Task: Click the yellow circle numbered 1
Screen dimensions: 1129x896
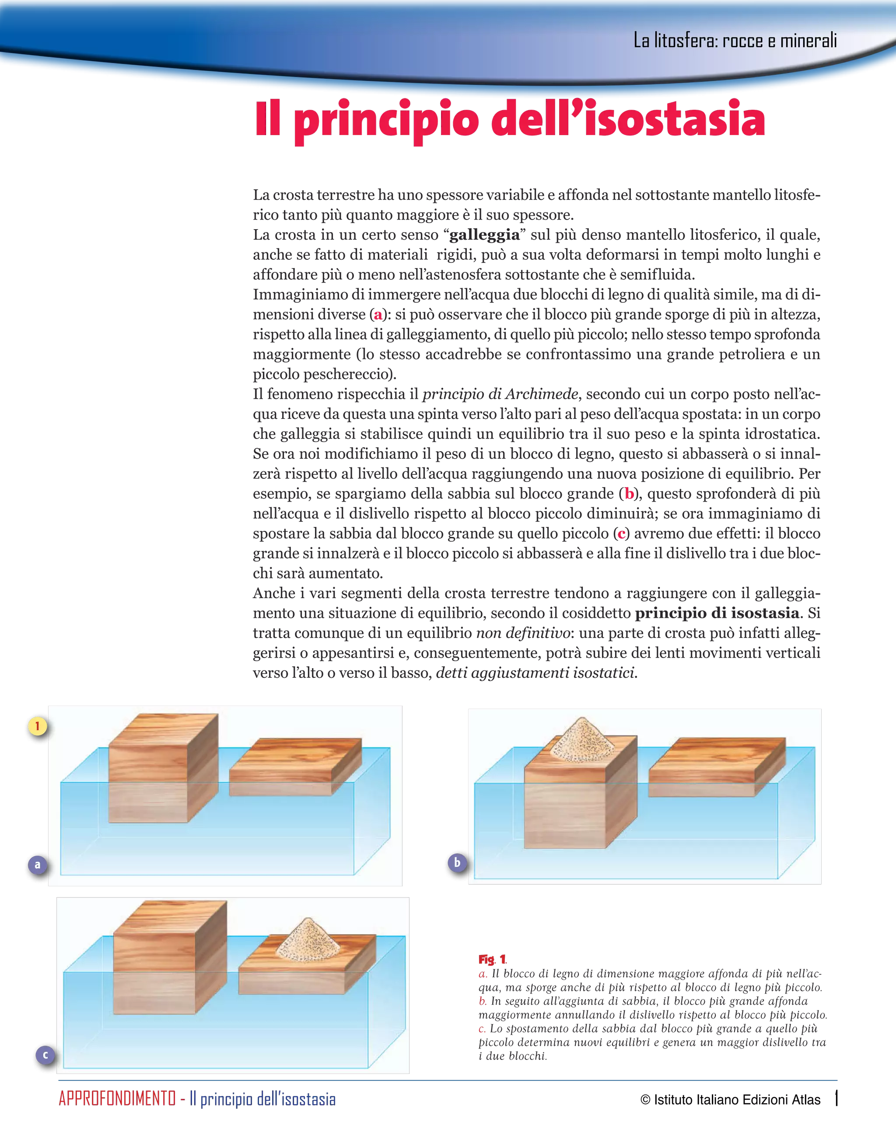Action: coord(37,726)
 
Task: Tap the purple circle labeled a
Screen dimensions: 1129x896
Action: coord(37,864)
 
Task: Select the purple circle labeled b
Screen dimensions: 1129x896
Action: coord(457,862)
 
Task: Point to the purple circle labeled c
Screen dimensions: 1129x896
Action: coord(45,1055)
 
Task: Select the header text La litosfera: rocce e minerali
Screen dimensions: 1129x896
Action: coord(735,41)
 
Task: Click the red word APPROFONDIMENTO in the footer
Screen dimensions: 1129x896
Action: coord(117,1099)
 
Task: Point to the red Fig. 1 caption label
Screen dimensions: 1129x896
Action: coord(492,959)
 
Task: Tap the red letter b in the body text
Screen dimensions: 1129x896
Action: coord(629,494)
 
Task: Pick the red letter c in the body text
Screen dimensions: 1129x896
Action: coord(621,533)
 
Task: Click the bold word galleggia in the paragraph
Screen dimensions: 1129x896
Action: coord(485,235)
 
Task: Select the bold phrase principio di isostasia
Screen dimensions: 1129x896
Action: coord(717,613)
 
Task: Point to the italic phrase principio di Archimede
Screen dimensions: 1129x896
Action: coord(500,394)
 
